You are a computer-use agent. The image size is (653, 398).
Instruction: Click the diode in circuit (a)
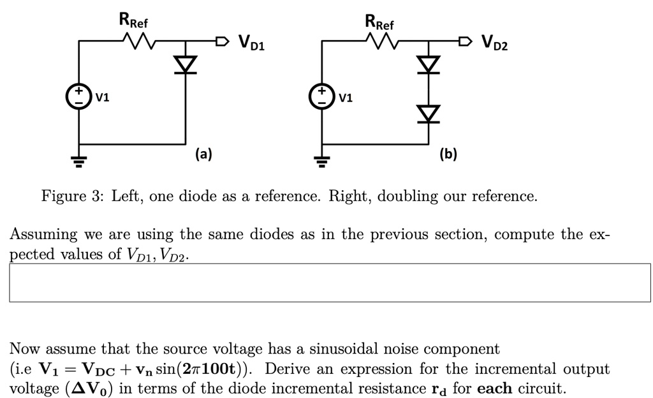pyautogui.click(x=186, y=65)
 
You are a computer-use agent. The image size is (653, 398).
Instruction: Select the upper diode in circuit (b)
pyautogui.click(x=429, y=65)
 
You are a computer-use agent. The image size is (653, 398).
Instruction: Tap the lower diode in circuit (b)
pyautogui.click(x=429, y=114)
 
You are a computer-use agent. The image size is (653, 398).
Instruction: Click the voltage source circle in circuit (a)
pyautogui.click(x=78, y=96)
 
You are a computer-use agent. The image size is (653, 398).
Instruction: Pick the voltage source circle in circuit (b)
pyautogui.click(x=321, y=96)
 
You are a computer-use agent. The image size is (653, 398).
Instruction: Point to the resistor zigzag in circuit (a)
pyautogui.click(x=139, y=41)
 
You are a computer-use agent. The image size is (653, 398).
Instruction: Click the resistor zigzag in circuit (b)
pyautogui.click(x=383, y=41)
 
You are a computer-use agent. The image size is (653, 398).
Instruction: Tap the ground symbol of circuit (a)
pyautogui.click(x=78, y=161)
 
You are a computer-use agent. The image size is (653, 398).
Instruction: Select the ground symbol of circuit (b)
pyautogui.click(x=321, y=161)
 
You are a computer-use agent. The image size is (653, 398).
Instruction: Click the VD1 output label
pyautogui.click(x=251, y=43)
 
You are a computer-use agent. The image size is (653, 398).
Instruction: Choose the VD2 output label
pyautogui.click(x=495, y=43)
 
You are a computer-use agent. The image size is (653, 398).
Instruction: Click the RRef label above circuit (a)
pyautogui.click(x=133, y=20)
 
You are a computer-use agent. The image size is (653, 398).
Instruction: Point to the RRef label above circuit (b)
pyautogui.click(x=379, y=22)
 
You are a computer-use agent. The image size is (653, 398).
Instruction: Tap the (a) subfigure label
pyautogui.click(x=203, y=154)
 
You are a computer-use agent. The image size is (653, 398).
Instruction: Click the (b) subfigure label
pyautogui.click(x=448, y=154)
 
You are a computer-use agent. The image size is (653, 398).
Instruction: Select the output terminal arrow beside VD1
pyautogui.click(x=223, y=41)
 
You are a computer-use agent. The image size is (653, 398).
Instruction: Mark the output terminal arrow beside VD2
pyautogui.click(x=466, y=41)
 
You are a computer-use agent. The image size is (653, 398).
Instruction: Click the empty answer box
pyautogui.click(x=330, y=283)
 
